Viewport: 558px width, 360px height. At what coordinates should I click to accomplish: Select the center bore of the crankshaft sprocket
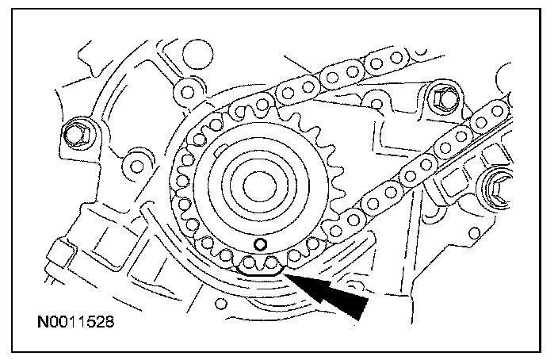[x=255, y=187]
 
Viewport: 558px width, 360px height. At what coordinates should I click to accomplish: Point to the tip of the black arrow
[x=288, y=274]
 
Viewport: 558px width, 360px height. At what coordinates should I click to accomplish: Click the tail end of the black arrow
[x=361, y=310]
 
